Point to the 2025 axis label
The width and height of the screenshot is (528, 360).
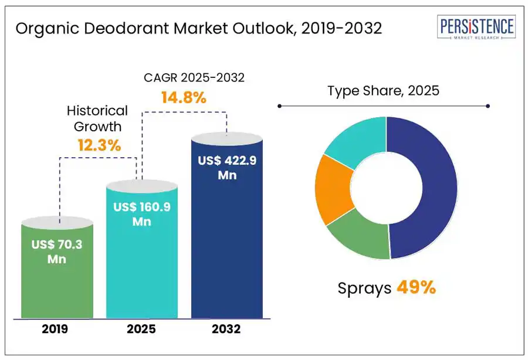click(x=141, y=330)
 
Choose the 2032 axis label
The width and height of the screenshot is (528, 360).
click(x=226, y=330)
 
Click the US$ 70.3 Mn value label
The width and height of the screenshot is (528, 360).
click(x=56, y=252)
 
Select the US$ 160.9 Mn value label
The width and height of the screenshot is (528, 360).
click(x=141, y=214)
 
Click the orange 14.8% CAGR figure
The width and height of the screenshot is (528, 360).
click(x=184, y=97)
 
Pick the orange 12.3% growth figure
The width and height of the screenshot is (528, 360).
click(x=99, y=145)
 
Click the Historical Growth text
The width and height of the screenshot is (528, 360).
click(x=97, y=118)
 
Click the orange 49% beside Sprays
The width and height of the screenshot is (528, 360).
click(x=416, y=287)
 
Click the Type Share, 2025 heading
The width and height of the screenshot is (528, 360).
click(x=383, y=91)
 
